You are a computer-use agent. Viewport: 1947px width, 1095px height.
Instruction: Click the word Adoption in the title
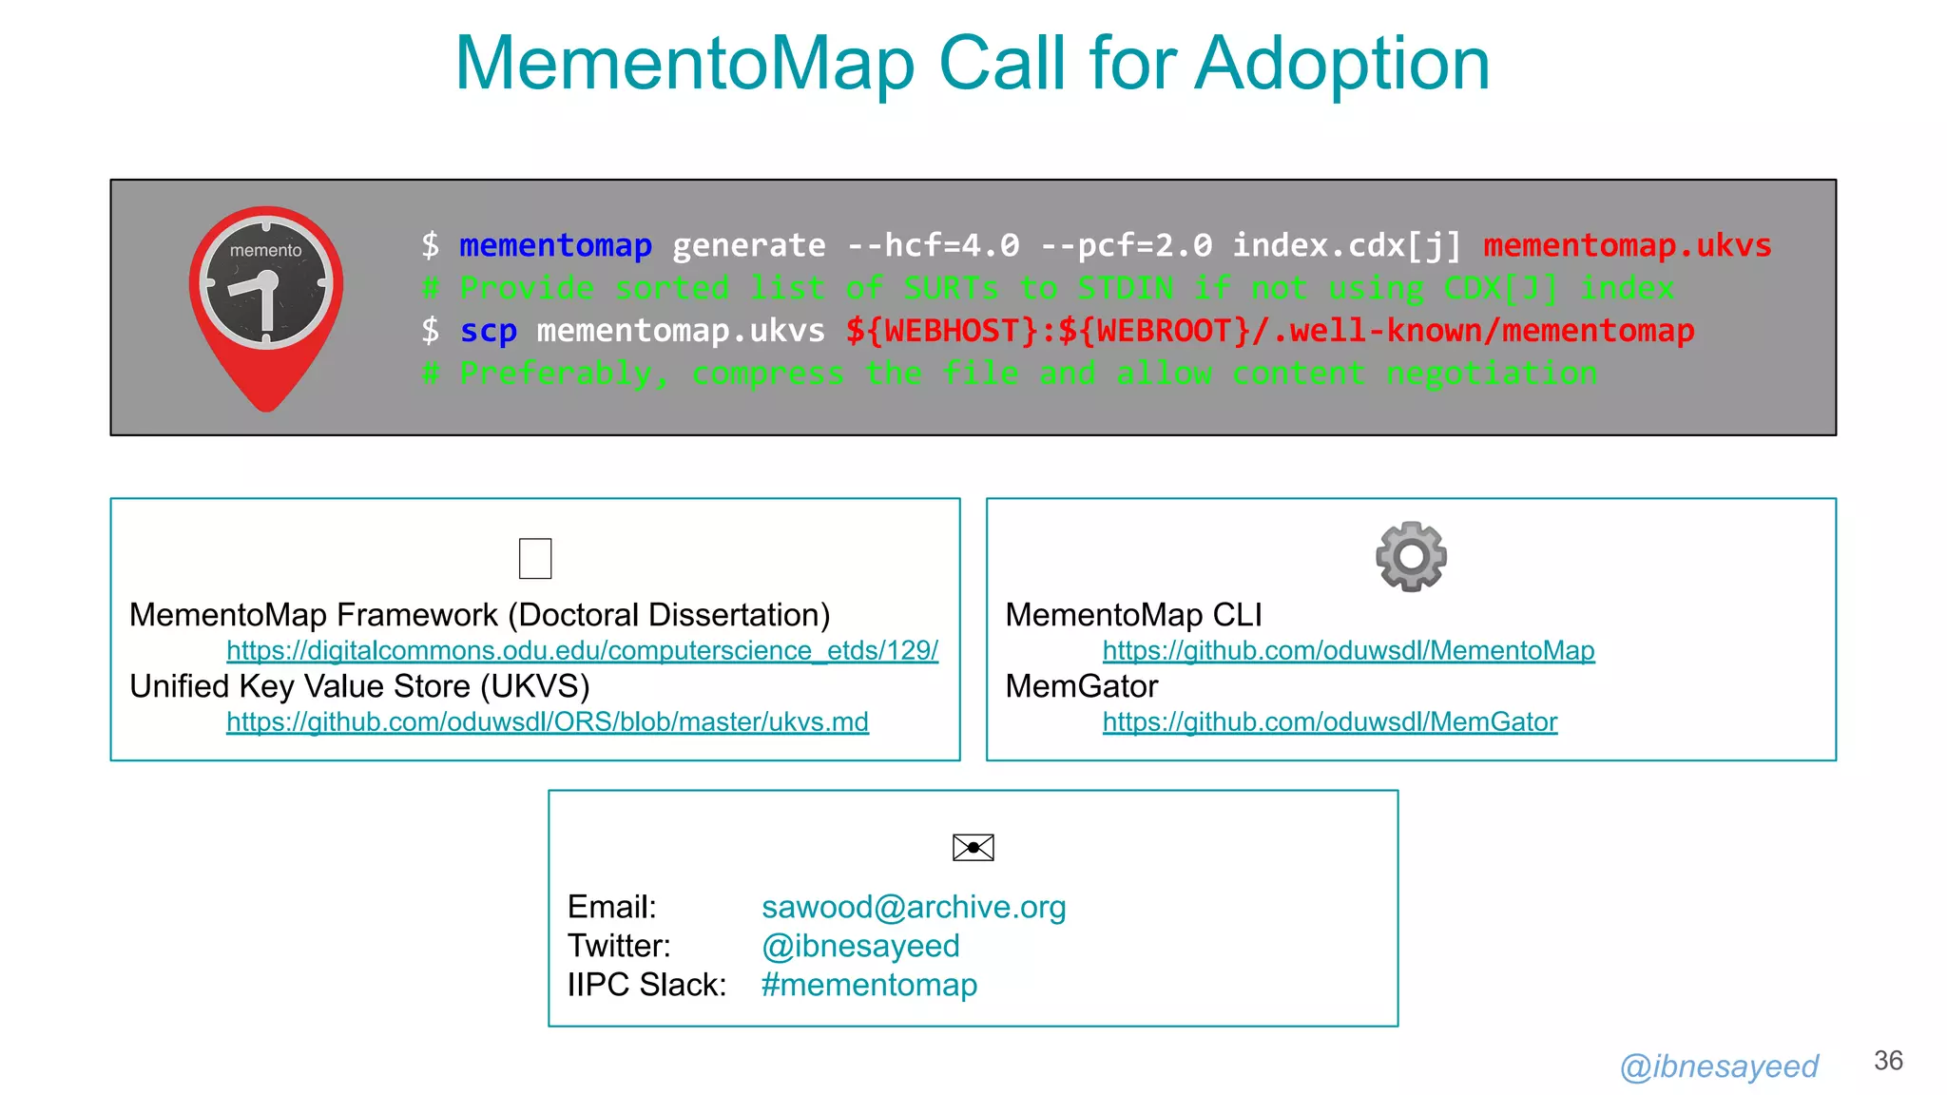coord(1341,64)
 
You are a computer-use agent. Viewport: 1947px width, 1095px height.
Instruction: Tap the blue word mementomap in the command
coord(555,245)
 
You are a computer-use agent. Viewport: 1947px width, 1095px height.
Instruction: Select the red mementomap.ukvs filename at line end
coord(1627,245)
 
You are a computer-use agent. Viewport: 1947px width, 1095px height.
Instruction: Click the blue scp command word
coord(488,331)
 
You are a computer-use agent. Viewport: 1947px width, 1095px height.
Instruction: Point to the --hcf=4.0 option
coord(933,245)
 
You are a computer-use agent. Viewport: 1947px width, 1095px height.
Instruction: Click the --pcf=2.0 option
coord(1127,245)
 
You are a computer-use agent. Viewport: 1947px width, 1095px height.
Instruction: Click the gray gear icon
coord(1411,556)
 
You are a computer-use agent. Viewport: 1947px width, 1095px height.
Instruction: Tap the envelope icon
coord(973,847)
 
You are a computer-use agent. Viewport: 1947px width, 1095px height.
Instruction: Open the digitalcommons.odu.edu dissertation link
coord(582,650)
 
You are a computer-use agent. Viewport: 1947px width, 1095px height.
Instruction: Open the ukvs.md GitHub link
coord(547,722)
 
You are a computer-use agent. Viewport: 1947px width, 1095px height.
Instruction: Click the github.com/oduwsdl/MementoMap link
coord(1348,650)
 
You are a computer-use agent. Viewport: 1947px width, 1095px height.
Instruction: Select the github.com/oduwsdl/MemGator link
coord(1329,722)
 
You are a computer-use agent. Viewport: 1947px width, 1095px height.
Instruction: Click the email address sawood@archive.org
coord(914,907)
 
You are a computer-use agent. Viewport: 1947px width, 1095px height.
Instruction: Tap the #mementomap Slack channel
coord(869,985)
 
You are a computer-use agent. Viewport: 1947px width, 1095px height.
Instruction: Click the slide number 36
coord(1888,1061)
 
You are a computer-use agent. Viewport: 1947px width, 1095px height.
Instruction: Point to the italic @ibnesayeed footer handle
coord(1719,1066)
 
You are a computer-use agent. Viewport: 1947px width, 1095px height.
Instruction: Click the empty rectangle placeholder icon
coord(535,558)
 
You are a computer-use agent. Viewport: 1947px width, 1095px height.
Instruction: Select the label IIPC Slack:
coord(646,985)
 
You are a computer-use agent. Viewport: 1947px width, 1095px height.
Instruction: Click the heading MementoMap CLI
coord(1133,615)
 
